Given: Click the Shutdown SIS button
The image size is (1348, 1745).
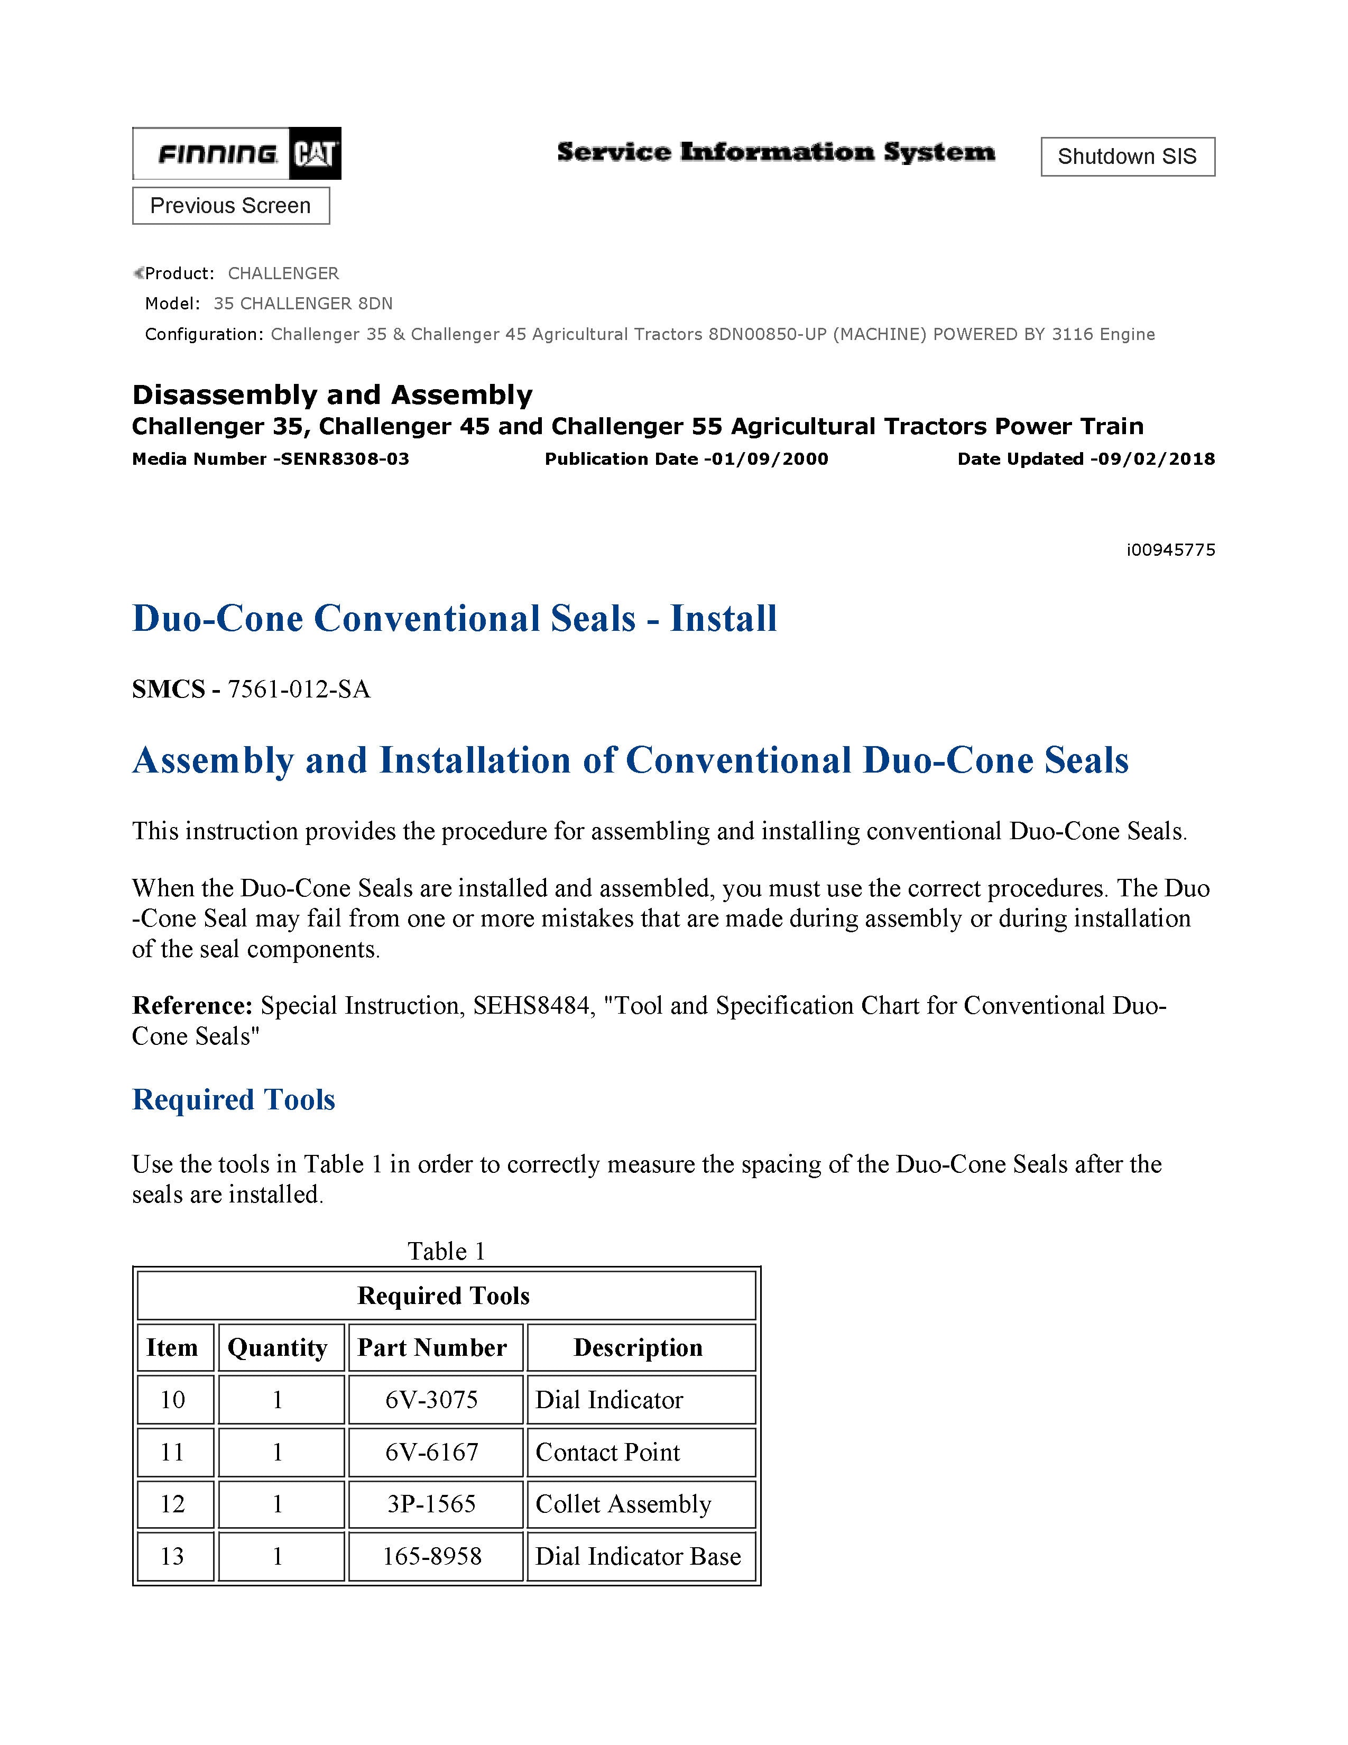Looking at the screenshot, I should coord(1127,157).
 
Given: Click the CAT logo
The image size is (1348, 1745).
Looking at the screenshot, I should coord(315,153).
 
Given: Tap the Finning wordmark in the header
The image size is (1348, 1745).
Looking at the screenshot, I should coord(217,153).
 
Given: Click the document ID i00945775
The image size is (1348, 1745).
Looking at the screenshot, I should coord(1170,550).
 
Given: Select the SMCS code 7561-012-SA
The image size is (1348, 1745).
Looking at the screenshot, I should coord(299,688).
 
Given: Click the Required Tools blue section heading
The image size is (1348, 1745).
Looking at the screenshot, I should coord(233,1099).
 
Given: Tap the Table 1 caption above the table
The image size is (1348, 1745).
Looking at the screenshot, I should coord(446,1251).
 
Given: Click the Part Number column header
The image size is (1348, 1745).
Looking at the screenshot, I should coord(432,1348).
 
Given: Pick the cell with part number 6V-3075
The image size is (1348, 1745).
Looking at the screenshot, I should coord(432,1400).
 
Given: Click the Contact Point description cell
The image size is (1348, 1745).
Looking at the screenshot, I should coord(608,1452).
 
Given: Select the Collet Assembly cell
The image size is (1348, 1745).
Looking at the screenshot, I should coord(623,1504).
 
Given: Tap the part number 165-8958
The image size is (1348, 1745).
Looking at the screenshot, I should coord(432,1556).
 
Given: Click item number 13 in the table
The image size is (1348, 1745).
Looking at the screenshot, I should coord(172,1556).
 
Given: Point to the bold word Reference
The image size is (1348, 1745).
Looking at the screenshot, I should coord(192,1005).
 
